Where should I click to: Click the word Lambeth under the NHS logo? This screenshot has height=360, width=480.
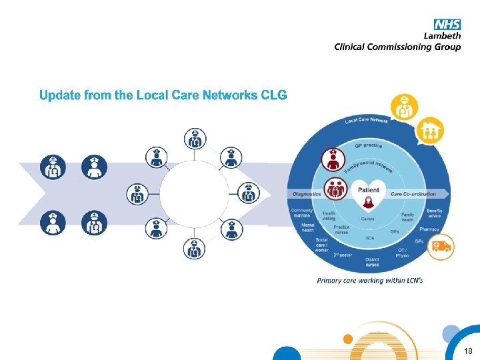pos(442,35)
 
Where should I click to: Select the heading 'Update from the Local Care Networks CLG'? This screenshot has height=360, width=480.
pos(163,95)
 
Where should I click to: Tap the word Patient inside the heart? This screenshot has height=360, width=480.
pos(369,190)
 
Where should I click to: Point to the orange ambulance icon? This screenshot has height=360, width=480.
pos(440,247)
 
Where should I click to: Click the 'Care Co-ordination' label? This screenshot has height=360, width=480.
pos(413,194)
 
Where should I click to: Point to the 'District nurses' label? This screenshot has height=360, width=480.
pos(372,262)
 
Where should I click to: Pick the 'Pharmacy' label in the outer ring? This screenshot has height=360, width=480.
pos(430,229)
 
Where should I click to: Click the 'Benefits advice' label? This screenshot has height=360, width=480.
pos(434,213)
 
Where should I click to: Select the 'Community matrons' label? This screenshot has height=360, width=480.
pos(301,213)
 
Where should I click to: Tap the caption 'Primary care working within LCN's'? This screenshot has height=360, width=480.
pos(369,281)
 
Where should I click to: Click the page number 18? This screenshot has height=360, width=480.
pos(468,351)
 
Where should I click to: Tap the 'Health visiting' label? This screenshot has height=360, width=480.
pos(329,216)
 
